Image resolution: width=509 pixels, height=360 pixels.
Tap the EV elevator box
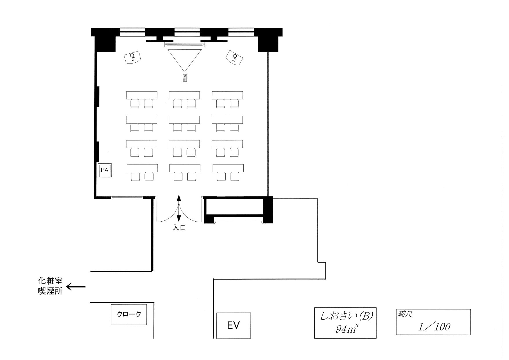(x=233, y=325)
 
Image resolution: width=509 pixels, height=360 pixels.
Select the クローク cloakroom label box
(x=129, y=314)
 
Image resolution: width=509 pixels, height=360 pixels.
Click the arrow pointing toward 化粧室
(x=76, y=287)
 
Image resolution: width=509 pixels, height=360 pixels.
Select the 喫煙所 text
(x=50, y=291)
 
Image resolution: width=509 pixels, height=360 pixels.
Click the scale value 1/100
(x=434, y=327)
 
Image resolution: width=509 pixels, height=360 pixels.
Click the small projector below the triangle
(x=185, y=78)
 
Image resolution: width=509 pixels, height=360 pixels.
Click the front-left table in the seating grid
(x=142, y=95)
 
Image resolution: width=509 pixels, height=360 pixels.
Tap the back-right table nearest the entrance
(x=228, y=168)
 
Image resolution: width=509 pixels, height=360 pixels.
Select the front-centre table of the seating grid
(x=184, y=95)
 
